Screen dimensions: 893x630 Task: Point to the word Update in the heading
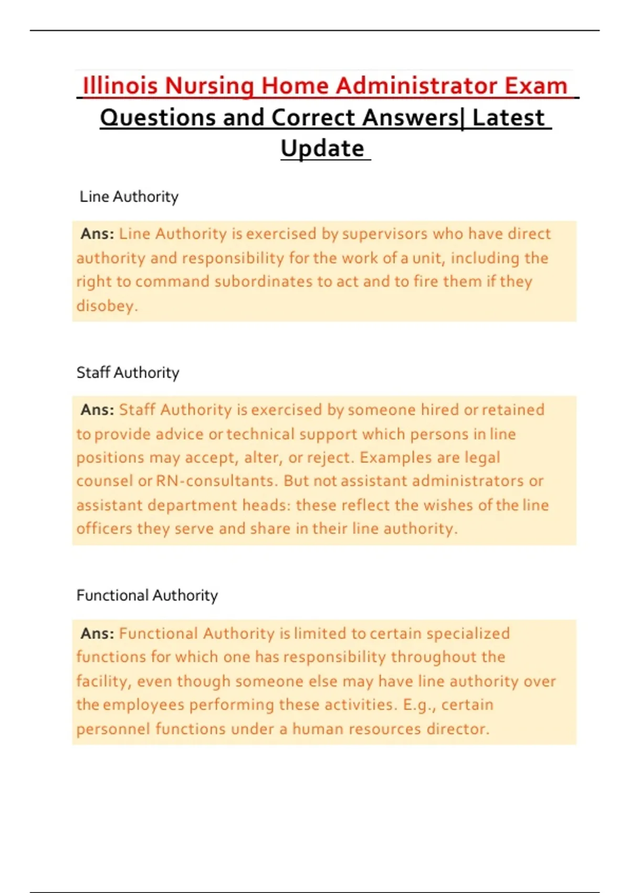click(x=322, y=149)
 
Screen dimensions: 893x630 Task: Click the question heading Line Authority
click(x=129, y=196)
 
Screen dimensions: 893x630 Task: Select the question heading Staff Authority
click(x=128, y=372)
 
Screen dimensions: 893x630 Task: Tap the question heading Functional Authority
click(x=147, y=595)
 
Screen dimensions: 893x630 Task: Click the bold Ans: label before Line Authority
click(x=97, y=234)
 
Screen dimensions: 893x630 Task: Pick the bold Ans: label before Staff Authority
click(x=97, y=410)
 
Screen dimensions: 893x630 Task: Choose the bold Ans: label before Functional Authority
click(x=97, y=634)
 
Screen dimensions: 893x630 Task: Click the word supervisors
click(x=385, y=234)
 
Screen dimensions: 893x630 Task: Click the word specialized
click(x=468, y=634)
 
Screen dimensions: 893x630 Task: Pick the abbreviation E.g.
click(x=416, y=704)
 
